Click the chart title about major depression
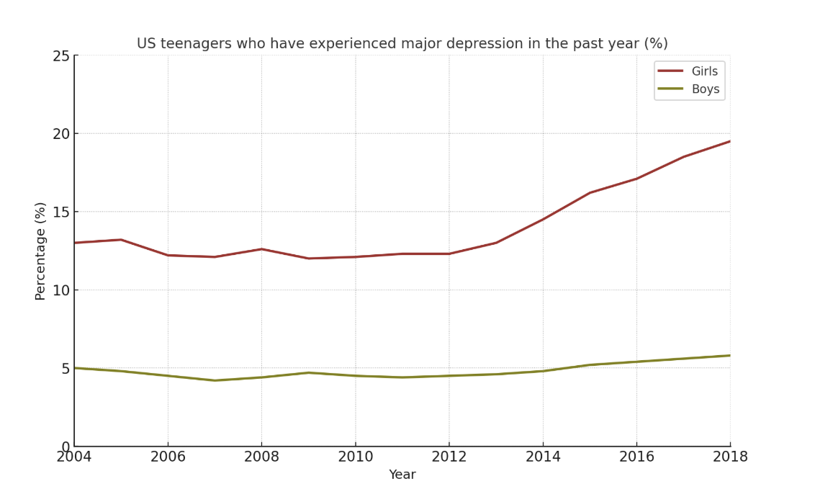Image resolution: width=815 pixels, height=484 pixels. tap(402, 44)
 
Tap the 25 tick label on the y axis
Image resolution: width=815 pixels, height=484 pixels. tap(60, 55)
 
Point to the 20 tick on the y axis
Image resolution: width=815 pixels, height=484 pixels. tap(60, 134)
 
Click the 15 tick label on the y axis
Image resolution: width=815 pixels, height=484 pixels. tap(60, 212)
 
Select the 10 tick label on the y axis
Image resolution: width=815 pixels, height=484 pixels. tap(60, 290)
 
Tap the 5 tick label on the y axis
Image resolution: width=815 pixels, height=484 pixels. tap(65, 369)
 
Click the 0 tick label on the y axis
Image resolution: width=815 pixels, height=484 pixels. tap(65, 447)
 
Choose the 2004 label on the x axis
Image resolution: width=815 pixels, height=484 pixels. tap(74, 457)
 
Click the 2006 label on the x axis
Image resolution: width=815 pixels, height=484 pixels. tap(168, 457)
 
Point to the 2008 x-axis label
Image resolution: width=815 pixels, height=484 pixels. tap(261, 457)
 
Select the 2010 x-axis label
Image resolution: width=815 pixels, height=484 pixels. tap(355, 457)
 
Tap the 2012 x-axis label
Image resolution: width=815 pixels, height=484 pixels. tap(449, 457)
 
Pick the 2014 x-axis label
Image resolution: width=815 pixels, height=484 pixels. tap(543, 457)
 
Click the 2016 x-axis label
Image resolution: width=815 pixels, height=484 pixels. tap(636, 457)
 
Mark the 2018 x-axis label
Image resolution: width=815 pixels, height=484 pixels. tap(730, 457)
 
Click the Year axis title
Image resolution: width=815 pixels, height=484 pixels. tap(402, 475)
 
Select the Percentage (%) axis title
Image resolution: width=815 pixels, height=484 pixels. tap(40, 251)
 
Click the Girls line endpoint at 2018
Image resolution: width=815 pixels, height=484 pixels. tap(730, 141)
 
